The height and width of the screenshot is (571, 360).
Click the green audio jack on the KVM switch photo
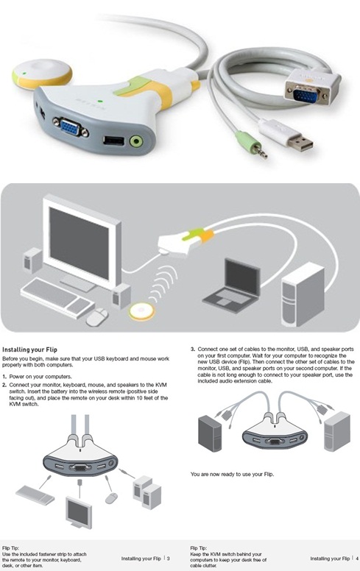pyautogui.click(x=136, y=141)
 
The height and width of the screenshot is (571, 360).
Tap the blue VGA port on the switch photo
pyautogui.click(x=71, y=127)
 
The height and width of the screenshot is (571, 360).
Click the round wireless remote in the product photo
pyautogui.click(x=42, y=74)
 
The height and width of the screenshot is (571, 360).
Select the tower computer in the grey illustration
pyautogui.click(x=303, y=294)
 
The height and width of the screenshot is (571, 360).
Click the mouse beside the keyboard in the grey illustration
pyautogui.click(x=97, y=317)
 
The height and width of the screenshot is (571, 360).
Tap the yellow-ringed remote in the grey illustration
pyautogui.click(x=141, y=312)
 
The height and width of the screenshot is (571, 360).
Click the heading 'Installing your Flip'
pyautogui.click(x=30, y=350)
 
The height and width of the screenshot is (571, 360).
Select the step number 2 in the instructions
pyautogui.click(x=4, y=385)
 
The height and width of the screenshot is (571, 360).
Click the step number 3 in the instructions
pyautogui.click(x=193, y=350)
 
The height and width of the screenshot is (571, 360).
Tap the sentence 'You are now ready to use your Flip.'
pyautogui.click(x=232, y=474)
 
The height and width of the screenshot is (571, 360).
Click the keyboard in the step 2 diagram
pyautogui.click(x=35, y=495)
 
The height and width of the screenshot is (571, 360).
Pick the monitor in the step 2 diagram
pyautogui.click(x=79, y=513)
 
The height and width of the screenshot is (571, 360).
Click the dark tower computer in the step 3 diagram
pyautogui.click(x=210, y=433)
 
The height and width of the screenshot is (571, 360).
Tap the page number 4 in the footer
pyautogui.click(x=357, y=558)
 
